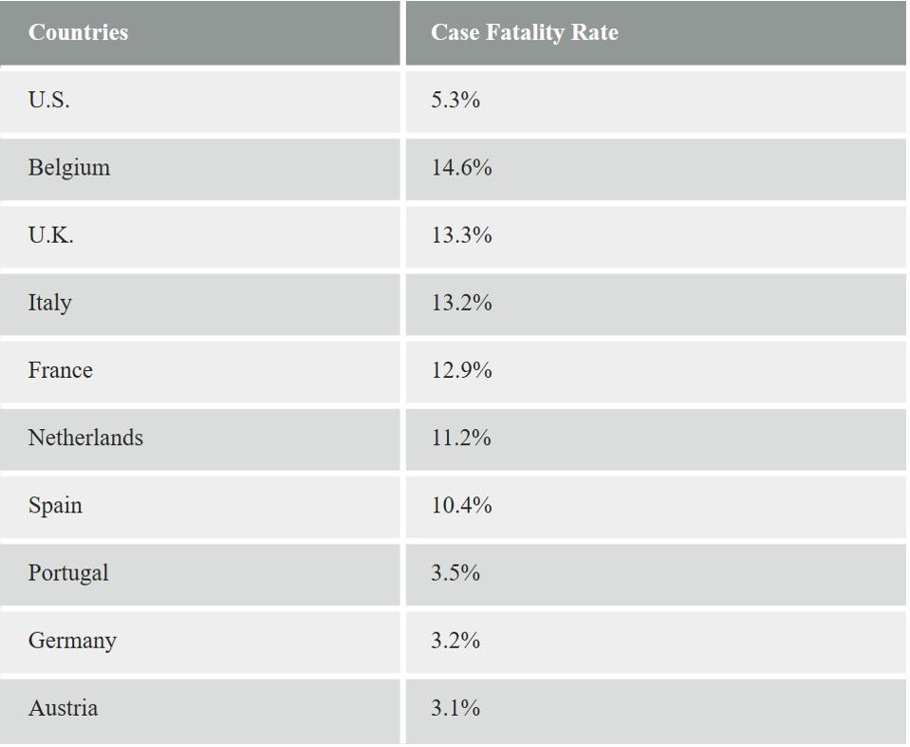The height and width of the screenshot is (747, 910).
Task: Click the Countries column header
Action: [78, 32]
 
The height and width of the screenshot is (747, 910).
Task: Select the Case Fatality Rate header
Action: [524, 32]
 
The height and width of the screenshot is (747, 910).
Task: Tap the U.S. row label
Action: [48, 100]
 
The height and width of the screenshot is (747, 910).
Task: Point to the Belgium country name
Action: [68, 168]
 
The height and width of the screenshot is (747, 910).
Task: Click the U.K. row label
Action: [50, 235]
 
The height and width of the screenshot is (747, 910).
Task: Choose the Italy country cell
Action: [49, 303]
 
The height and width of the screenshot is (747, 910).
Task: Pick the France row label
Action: [60, 370]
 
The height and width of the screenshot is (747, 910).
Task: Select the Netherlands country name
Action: [85, 438]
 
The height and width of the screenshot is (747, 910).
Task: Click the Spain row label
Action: [55, 505]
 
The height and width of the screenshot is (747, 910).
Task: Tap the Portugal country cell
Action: [68, 573]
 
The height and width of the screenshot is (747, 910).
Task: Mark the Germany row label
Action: [72, 641]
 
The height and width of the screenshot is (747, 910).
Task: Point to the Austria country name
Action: [63, 708]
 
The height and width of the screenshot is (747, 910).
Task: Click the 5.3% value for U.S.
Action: [455, 100]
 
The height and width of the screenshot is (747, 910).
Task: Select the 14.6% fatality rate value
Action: [461, 168]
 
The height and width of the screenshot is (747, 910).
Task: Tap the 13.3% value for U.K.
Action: [461, 235]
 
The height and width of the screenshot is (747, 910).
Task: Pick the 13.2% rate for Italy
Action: [461, 303]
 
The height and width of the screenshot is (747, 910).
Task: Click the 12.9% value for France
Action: [461, 370]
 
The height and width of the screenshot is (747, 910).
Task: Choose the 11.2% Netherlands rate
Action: [461, 438]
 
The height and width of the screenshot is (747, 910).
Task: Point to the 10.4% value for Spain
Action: [461, 505]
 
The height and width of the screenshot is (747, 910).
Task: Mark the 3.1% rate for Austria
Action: [455, 708]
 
